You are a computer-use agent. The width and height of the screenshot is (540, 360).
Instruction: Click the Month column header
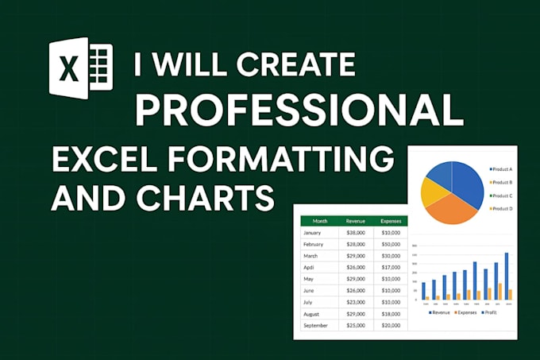[x=320, y=221]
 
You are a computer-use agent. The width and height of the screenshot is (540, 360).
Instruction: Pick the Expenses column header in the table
[x=390, y=221]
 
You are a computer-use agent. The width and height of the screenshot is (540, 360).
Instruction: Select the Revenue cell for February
[x=357, y=245]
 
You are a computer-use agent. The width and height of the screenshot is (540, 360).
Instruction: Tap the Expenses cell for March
[x=391, y=256]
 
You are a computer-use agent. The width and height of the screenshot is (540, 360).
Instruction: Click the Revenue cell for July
[x=357, y=303]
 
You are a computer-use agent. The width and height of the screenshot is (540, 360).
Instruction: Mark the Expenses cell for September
[x=391, y=326]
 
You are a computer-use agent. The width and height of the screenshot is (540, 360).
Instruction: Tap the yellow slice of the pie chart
[x=434, y=192]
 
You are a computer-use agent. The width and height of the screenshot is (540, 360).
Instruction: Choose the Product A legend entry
[x=502, y=168]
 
